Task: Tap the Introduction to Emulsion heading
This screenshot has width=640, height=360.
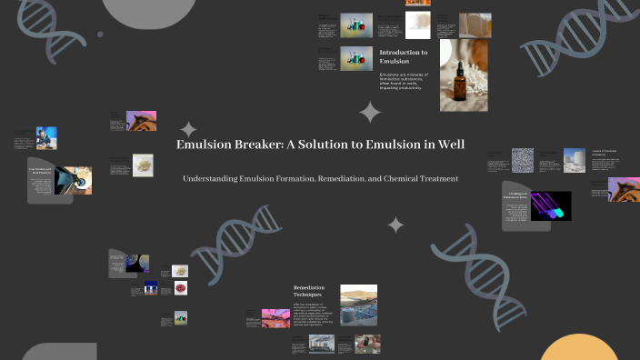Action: pos(404,57)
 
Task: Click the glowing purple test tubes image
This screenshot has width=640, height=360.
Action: pos(552,205)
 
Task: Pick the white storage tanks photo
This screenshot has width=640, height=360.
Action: pos(574,160)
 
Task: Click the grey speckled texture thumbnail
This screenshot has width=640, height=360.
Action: pos(523,160)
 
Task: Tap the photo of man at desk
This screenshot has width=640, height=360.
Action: pos(46,137)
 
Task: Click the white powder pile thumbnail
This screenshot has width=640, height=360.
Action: pos(143,165)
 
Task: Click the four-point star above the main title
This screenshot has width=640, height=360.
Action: pos(370,113)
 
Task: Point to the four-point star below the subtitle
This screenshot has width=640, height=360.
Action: pos(395,225)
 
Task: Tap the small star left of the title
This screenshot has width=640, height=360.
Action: pos(188,129)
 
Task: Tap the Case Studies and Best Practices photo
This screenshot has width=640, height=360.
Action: pos(73,180)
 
